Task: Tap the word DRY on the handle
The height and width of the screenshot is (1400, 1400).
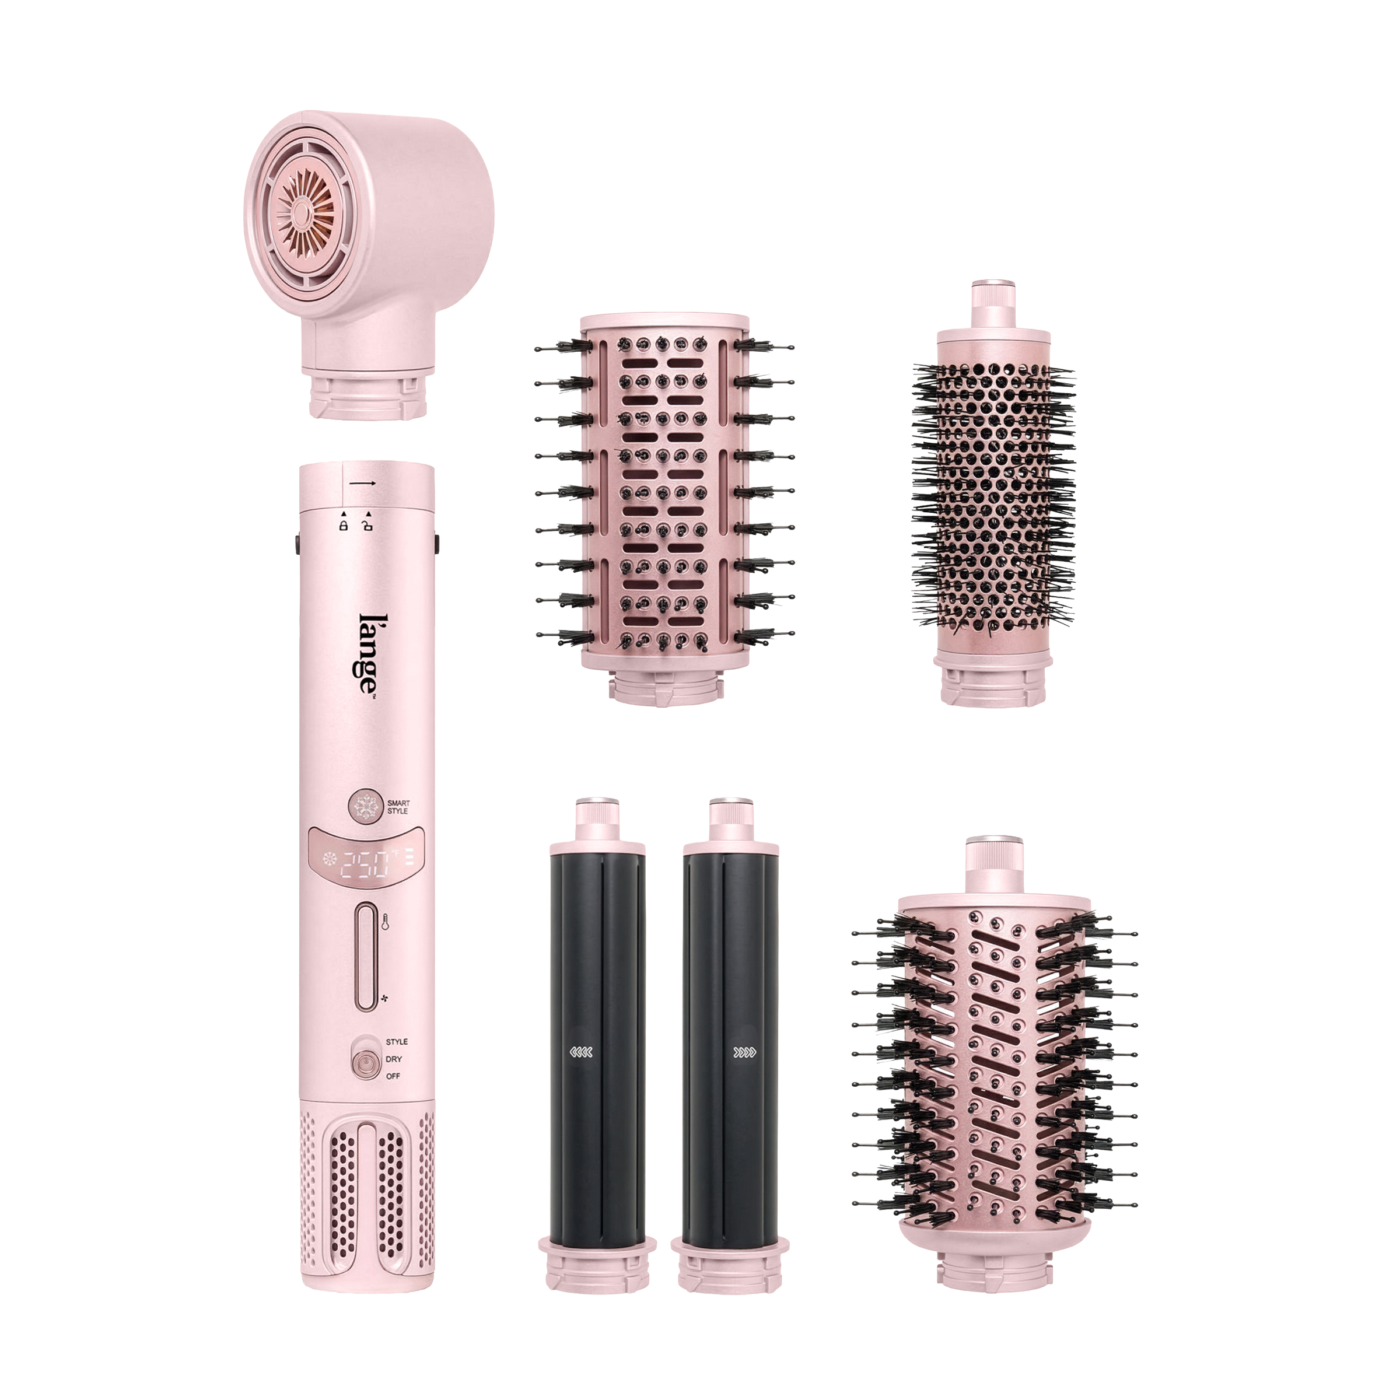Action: [x=394, y=1059]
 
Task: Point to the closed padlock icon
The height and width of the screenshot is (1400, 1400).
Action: [x=344, y=523]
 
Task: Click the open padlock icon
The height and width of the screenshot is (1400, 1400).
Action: [x=368, y=523]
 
